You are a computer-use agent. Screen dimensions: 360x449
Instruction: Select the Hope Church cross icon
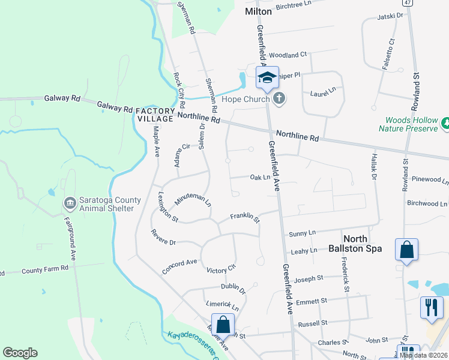tap(279, 99)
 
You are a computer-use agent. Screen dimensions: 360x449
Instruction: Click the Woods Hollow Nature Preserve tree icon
tap(446, 124)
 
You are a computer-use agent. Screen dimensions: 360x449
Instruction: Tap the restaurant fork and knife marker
tap(431, 307)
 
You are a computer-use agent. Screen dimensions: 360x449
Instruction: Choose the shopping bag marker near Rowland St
tap(406, 250)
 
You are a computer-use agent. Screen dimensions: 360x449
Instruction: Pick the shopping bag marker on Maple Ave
tap(223, 325)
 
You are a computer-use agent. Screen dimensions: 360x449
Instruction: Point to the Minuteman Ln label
tap(193, 201)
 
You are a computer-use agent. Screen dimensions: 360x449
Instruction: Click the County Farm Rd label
tap(45, 270)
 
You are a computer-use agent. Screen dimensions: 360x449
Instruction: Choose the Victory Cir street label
tap(221, 269)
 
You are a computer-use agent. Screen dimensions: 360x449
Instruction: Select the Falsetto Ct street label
tap(388, 55)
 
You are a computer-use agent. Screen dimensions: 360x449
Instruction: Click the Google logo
tap(20, 353)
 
